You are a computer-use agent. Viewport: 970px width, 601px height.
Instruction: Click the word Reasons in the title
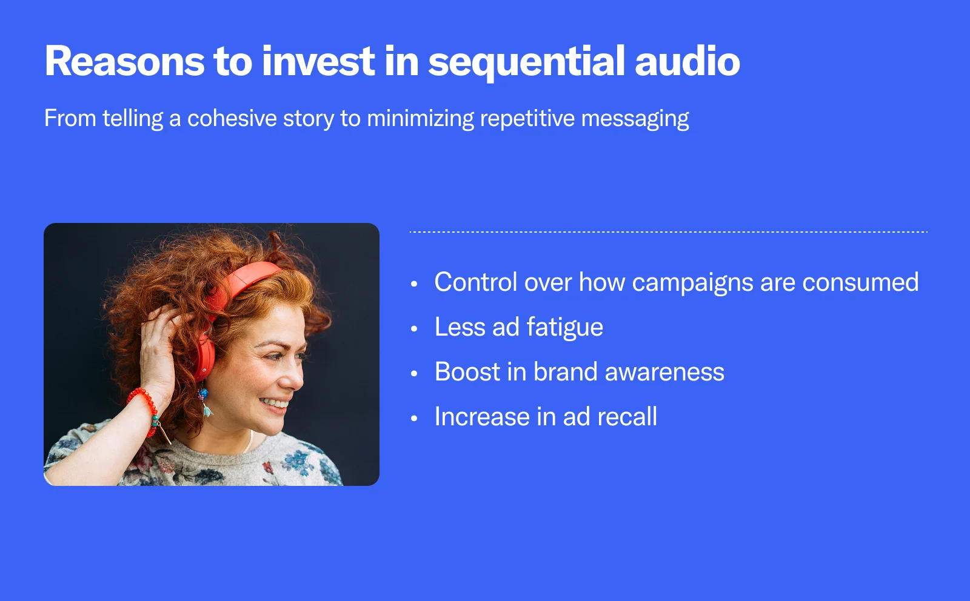tap(124, 61)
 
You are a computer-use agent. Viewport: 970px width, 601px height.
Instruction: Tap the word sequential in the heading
tap(527, 64)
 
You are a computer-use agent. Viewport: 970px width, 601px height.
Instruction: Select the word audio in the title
tap(687, 61)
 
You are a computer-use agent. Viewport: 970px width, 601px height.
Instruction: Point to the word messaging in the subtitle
tap(635, 120)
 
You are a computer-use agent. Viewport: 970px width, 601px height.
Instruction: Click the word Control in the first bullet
tap(476, 282)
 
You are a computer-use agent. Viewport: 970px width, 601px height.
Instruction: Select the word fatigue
tap(564, 328)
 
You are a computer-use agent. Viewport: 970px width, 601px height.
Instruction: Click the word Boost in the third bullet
tap(467, 371)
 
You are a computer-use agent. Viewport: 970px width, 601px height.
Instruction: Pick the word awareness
tap(664, 373)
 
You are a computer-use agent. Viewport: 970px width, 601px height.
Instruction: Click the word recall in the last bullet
tap(627, 416)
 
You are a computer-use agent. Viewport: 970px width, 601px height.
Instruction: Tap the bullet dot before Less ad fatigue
tap(414, 329)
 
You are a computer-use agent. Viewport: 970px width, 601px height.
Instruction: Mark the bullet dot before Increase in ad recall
tap(414, 419)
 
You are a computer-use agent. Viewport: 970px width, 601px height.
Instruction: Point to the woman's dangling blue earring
tap(204, 402)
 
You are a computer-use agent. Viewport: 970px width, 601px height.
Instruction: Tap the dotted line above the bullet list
tap(669, 232)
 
